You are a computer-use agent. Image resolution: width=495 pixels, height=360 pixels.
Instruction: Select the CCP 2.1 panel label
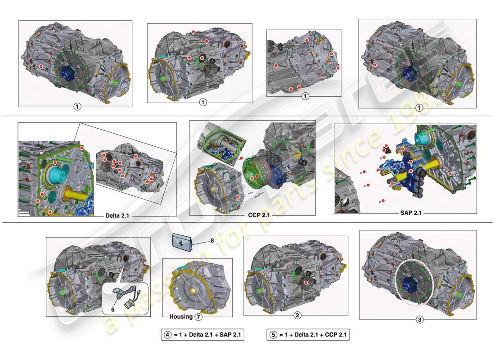click(x=259, y=215)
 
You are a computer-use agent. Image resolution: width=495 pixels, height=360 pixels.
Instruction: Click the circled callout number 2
click(x=297, y=315)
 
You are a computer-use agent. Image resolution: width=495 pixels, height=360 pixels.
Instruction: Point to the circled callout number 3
click(x=419, y=320)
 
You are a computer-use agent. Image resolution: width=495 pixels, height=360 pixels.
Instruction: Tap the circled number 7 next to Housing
click(x=198, y=317)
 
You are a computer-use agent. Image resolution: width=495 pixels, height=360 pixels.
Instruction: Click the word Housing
click(x=181, y=317)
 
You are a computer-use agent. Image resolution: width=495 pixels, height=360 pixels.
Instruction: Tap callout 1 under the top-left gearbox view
click(x=77, y=107)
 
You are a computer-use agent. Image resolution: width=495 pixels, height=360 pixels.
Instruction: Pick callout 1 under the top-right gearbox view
click(x=419, y=108)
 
